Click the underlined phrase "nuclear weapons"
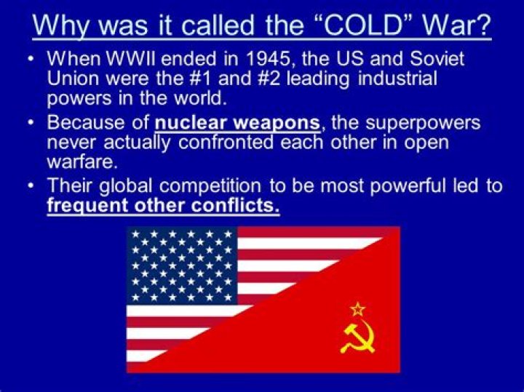[x=237, y=123]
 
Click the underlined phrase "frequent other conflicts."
[x=163, y=205]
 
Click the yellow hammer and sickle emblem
[x=357, y=336]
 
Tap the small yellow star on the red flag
[x=357, y=308]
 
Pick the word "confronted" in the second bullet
[x=214, y=143]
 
